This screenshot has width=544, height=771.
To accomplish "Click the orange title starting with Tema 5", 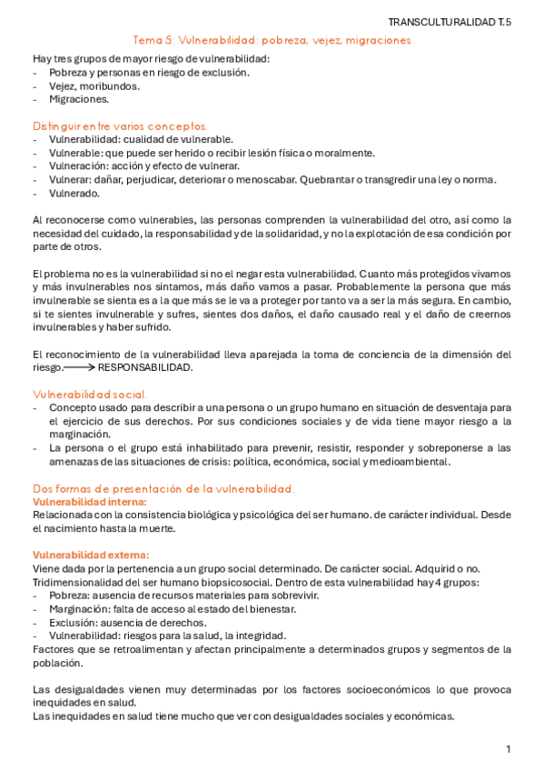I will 272,40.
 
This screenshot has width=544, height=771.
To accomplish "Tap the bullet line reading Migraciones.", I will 80,99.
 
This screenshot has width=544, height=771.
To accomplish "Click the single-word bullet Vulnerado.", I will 74,193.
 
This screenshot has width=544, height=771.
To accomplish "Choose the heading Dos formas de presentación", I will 163,488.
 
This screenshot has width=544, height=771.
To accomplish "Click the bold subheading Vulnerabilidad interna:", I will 89,501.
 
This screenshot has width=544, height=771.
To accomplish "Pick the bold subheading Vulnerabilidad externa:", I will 91,555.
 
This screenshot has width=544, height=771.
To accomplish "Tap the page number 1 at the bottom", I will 509,748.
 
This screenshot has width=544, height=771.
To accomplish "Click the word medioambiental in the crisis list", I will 402,462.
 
